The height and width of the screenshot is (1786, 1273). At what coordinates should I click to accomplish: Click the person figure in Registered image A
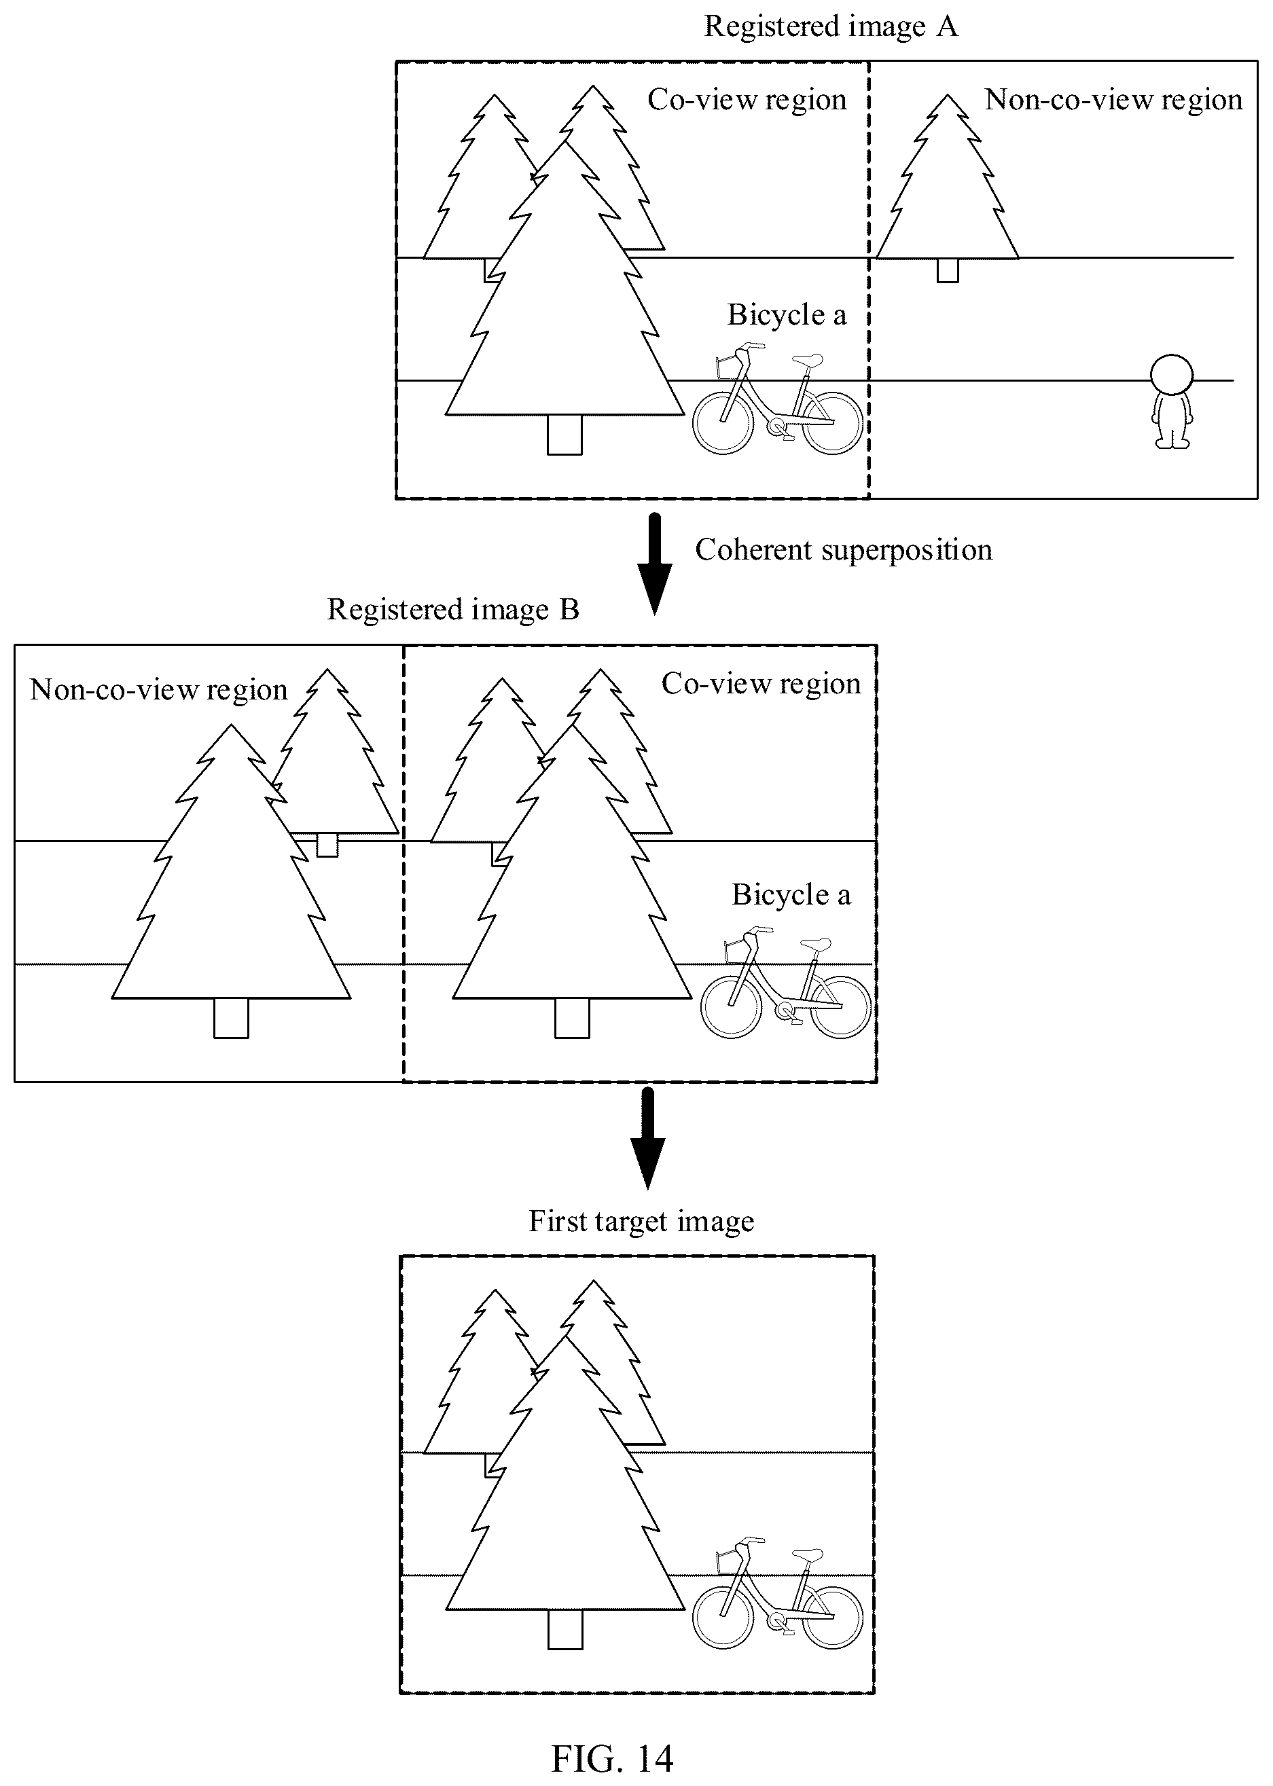pyautogui.click(x=1172, y=401)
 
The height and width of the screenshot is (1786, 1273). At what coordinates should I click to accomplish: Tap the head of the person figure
pyautogui.click(x=1172, y=376)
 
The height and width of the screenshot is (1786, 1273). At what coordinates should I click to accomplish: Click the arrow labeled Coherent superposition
pyautogui.click(x=655, y=564)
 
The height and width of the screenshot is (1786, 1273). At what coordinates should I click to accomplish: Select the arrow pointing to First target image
pyautogui.click(x=647, y=1138)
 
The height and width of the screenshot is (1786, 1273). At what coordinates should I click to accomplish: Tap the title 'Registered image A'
pyautogui.click(x=831, y=26)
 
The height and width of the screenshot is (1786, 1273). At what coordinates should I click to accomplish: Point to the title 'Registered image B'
pyautogui.click(x=453, y=610)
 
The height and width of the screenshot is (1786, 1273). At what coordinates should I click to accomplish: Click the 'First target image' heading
pyautogui.click(x=641, y=1221)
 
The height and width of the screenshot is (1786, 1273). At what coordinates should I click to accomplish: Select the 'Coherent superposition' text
pyautogui.click(x=844, y=549)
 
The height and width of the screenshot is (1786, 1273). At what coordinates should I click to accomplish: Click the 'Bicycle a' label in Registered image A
pyautogui.click(x=787, y=315)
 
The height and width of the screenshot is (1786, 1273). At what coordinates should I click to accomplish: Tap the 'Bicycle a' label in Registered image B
pyautogui.click(x=791, y=895)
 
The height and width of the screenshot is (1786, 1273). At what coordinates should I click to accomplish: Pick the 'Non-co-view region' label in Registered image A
pyautogui.click(x=1113, y=100)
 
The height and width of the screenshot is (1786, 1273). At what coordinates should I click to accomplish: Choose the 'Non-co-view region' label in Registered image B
pyautogui.click(x=158, y=690)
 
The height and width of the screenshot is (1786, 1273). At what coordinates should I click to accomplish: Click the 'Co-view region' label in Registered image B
pyautogui.click(x=761, y=683)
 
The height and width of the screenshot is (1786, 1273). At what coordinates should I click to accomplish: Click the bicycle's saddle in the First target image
pyautogui.click(x=808, y=1555)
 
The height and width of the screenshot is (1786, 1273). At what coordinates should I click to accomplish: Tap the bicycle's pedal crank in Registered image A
pyautogui.click(x=781, y=429)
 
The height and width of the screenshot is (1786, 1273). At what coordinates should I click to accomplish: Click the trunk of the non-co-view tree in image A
pyautogui.click(x=948, y=270)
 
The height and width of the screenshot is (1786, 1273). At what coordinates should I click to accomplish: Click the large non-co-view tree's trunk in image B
pyautogui.click(x=231, y=1018)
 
